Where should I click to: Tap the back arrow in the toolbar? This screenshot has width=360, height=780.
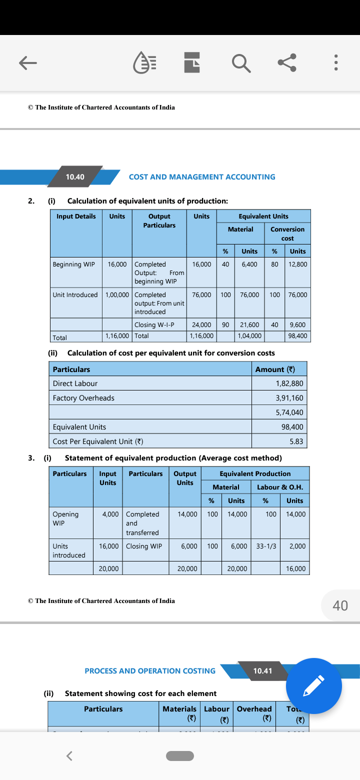(x=28, y=62)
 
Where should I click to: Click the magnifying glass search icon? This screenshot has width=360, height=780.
(x=241, y=62)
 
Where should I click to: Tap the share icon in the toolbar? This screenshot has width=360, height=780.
(x=287, y=62)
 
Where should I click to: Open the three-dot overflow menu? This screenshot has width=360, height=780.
(x=336, y=62)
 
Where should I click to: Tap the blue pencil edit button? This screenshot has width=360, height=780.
(x=314, y=686)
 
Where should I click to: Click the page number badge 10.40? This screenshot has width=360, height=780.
(x=75, y=177)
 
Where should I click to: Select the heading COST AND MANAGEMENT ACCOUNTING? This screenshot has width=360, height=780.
(x=202, y=177)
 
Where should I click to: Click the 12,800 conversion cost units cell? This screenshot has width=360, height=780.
(x=298, y=264)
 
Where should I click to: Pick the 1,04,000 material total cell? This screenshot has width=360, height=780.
(x=249, y=336)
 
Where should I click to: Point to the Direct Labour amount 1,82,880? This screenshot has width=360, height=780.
(x=289, y=383)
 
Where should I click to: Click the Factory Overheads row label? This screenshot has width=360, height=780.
(x=83, y=398)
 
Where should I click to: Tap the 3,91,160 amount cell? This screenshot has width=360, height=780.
(x=289, y=398)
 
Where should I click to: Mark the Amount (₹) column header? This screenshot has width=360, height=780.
(x=275, y=369)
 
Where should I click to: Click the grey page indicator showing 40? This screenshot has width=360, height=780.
(x=340, y=605)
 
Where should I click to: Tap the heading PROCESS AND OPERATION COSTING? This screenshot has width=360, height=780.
(x=150, y=671)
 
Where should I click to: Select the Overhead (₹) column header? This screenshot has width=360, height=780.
(x=254, y=714)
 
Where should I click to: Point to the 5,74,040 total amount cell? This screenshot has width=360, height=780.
(x=289, y=412)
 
